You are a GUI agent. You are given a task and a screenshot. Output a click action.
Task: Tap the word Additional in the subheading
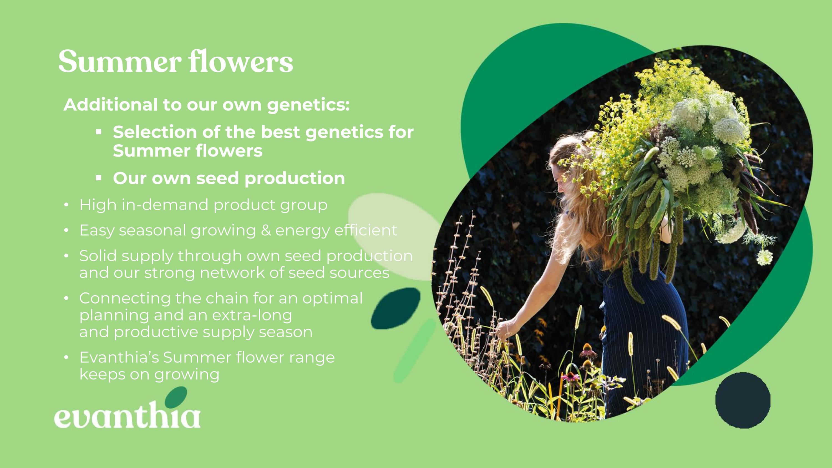111,105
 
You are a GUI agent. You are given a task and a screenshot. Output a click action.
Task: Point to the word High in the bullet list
98,205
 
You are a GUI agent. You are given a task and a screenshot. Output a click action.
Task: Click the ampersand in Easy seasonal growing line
266,230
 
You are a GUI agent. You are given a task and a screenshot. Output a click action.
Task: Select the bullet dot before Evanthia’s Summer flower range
66,358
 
